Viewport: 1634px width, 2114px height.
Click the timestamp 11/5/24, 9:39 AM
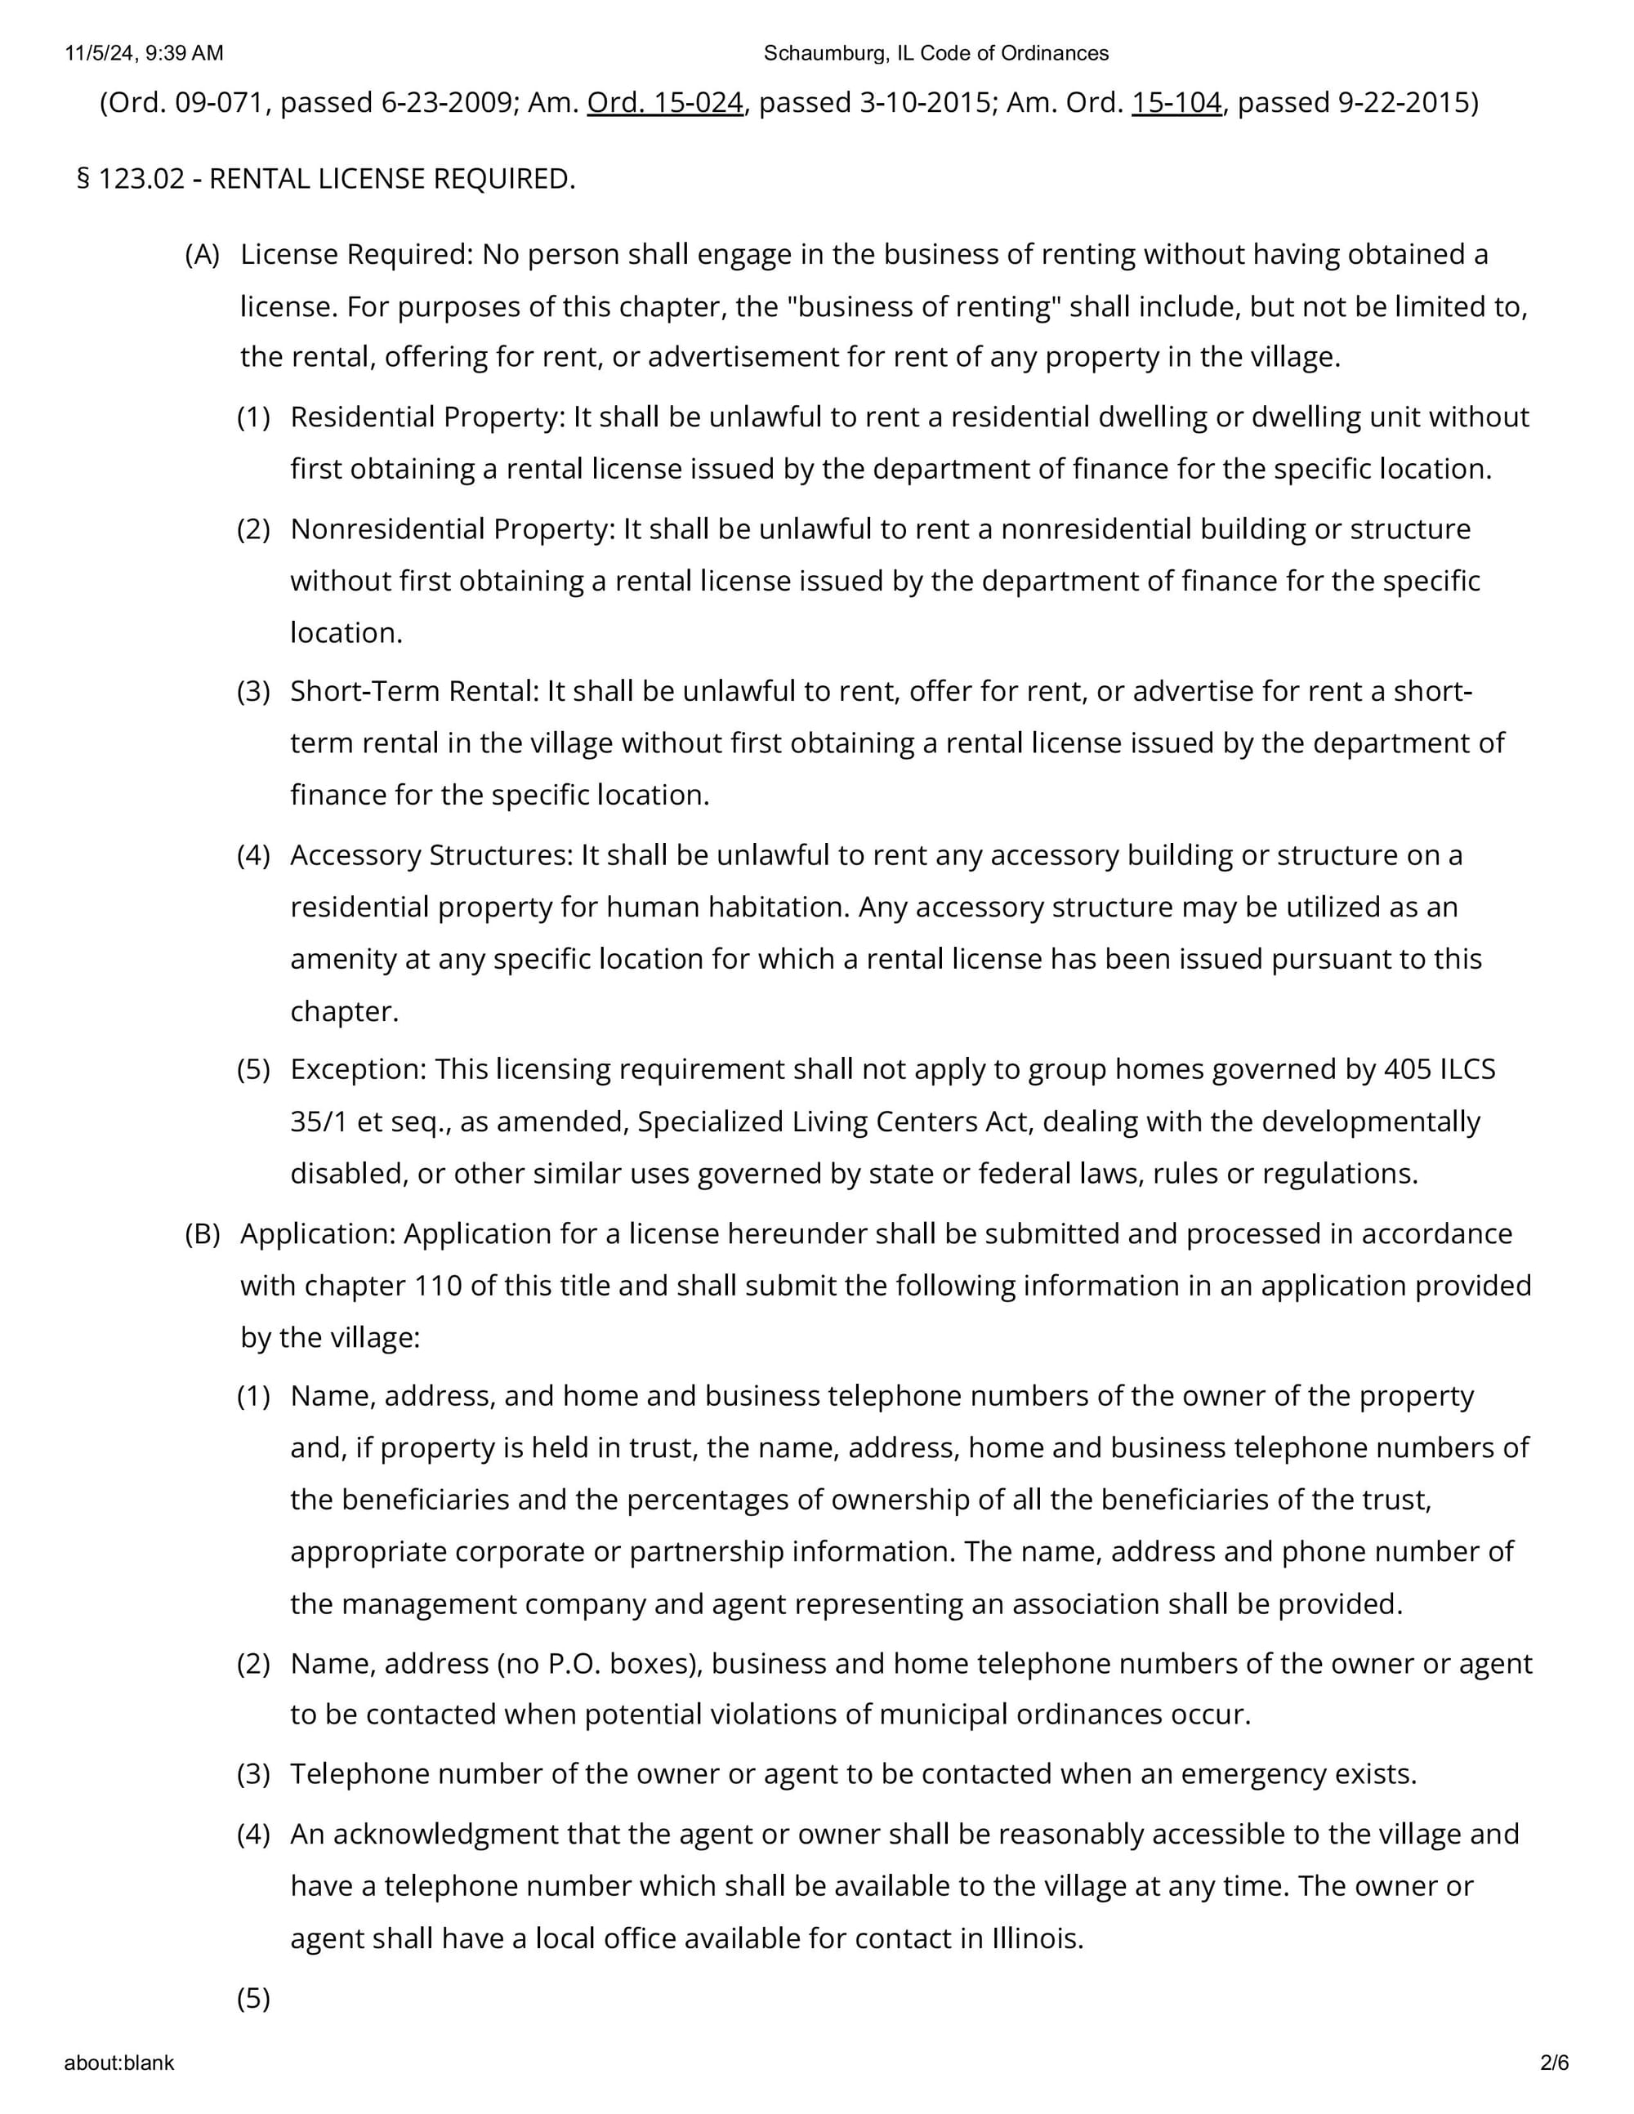[145, 53]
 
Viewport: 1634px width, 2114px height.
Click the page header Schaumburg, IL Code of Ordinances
[936, 53]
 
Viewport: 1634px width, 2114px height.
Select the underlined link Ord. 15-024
[665, 103]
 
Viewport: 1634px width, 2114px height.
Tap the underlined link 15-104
[1176, 103]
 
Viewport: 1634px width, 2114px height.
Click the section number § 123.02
[131, 179]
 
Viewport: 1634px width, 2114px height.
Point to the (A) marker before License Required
[203, 255]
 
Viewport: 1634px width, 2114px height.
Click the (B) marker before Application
[203, 1234]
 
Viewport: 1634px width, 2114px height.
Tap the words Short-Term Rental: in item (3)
[413, 691]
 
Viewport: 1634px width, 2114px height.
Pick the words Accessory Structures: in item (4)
[431, 856]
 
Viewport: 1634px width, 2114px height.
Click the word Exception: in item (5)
[358, 1069]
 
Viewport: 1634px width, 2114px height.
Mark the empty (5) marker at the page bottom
[253, 1999]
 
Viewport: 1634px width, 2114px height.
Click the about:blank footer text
[119, 2063]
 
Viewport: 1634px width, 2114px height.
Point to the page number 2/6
[1555, 2063]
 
